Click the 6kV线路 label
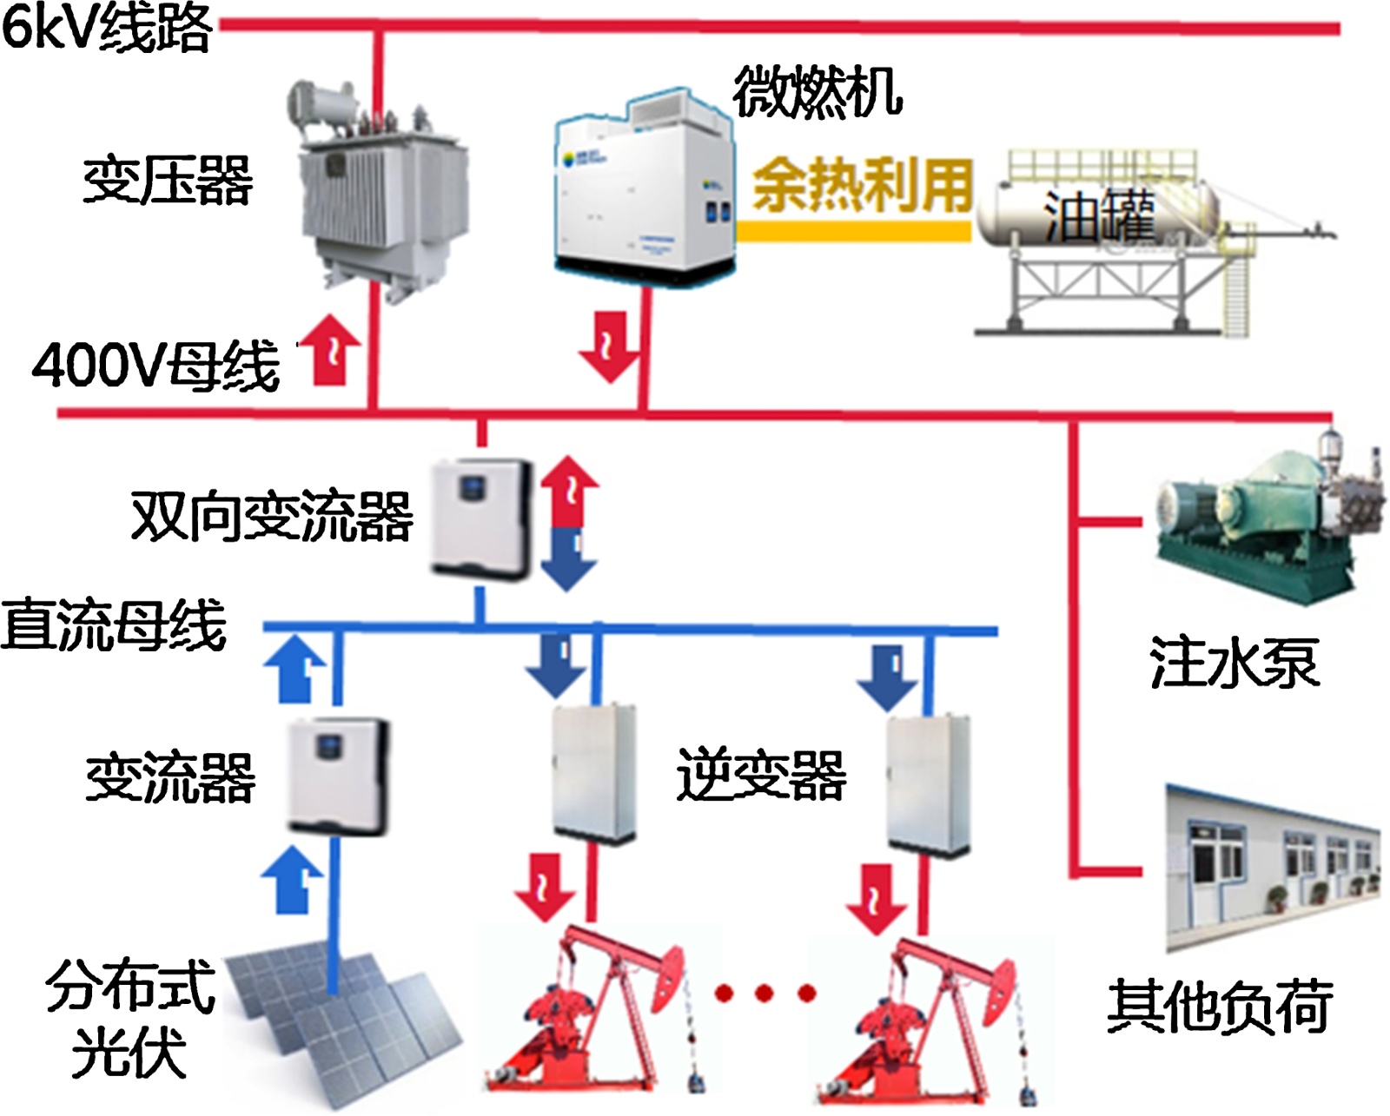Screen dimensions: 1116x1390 106,28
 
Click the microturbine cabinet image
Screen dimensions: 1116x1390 643,187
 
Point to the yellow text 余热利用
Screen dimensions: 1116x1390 862,184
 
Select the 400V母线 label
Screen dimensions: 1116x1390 156,365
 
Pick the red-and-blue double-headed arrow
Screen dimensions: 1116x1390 569,523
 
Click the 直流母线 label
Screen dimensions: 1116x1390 113,625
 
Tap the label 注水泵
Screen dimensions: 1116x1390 1234,663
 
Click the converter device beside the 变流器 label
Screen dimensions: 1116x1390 339,775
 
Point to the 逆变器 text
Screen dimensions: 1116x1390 761,775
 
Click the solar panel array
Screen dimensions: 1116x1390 343,1025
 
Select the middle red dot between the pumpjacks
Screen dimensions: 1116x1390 764,992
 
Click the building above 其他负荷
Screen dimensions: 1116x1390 1273,868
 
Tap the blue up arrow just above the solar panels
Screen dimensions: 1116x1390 294,879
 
